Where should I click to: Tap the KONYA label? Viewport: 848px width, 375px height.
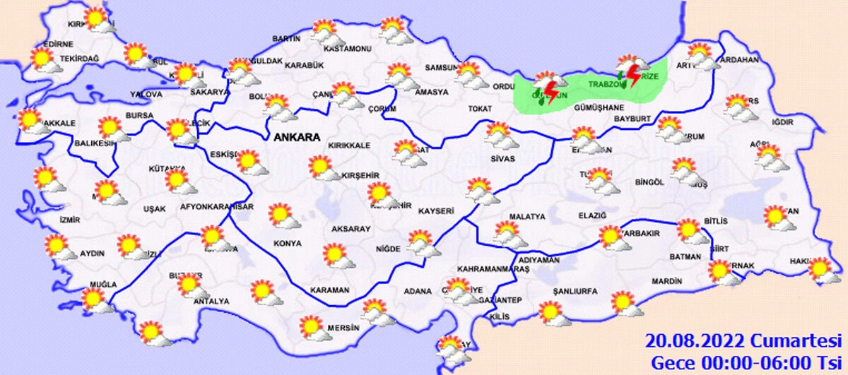pos(288,243)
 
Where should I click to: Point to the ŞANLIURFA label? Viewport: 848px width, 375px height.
pos(575,291)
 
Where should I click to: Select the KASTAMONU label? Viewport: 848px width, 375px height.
pos(347,49)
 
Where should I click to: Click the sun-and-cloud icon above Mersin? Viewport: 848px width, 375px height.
pos(314,327)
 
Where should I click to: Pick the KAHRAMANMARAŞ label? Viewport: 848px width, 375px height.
pos(493,270)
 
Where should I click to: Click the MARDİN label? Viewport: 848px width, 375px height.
pos(667,281)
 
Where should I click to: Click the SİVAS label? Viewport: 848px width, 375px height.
pos(502,160)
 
